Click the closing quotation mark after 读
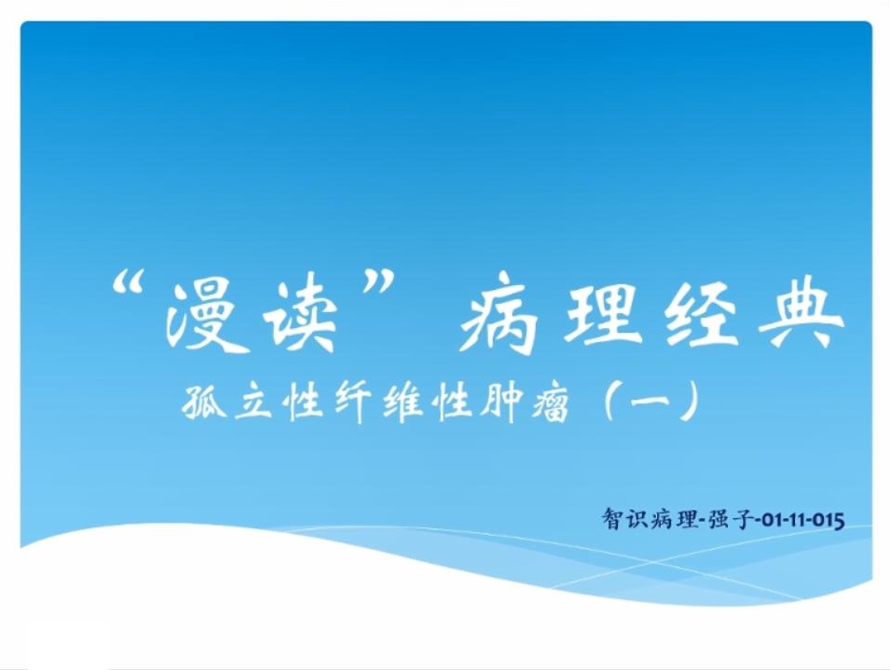click(378, 283)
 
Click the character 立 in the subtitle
click(253, 402)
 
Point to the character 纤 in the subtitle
click(353, 402)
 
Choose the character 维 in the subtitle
click(403, 402)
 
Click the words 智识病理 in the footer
click(650, 519)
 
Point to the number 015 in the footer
click(829, 520)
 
